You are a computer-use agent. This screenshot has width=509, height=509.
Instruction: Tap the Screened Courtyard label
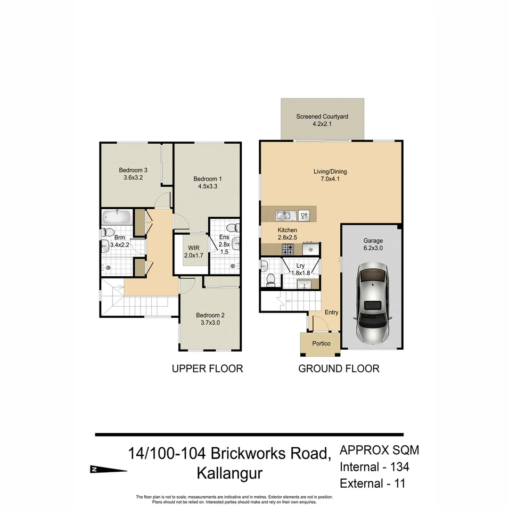click(x=322, y=116)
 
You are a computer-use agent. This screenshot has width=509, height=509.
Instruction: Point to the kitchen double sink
click(x=285, y=215)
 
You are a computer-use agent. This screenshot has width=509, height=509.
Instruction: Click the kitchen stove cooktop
click(x=287, y=248)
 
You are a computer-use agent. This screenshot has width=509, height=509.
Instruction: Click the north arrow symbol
click(x=108, y=469)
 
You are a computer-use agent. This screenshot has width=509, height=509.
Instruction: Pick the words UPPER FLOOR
click(x=207, y=369)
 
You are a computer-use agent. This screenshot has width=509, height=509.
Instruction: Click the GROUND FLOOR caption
click(x=338, y=369)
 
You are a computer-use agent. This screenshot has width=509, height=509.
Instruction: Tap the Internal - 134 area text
click(x=374, y=467)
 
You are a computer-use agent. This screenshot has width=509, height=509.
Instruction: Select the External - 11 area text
click(x=372, y=483)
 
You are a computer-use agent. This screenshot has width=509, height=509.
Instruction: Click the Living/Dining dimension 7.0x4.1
click(x=330, y=179)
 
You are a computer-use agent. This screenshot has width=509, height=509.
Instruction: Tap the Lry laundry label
click(x=300, y=266)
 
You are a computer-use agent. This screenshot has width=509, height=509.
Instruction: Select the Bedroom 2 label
click(x=210, y=315)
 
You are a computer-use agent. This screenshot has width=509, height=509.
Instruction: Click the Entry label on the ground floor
click(x=331, y=312)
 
